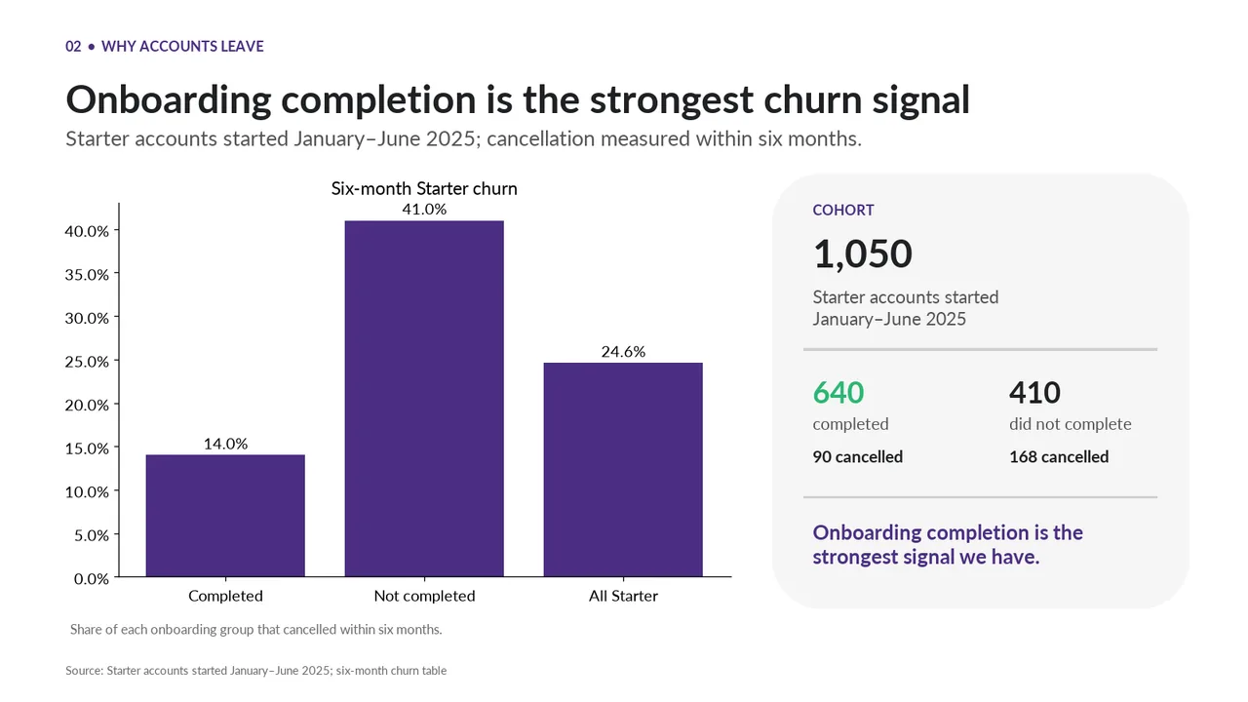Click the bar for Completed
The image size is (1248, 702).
[x=225, y=516]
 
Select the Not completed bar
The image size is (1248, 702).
[x=424, y=399]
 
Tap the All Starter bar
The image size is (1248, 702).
[x=623, y=470]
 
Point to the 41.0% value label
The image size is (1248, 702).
[x=424, y=209]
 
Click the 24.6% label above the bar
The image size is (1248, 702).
[x=623, y=352]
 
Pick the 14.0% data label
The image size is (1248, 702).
[x=225, y=444]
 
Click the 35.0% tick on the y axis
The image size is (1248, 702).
[x=87, y=274]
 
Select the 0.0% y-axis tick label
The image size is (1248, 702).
[x=91, y=579]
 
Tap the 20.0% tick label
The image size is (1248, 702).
[x=87, y=405]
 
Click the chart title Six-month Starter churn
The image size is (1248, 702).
[x=424, y=188]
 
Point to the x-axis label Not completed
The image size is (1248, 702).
[x=424, y=596]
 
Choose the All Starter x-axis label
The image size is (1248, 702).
[x=623, y=596]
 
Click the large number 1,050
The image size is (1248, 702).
[x=863, y=254]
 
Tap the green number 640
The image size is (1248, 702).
[x=838, y=392]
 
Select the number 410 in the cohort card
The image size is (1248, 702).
[x=1034, y=392]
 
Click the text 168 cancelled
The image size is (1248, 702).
[x=1059, y=457]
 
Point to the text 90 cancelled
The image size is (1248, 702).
[x=857, y=457]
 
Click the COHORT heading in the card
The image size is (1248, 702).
[x=843, y=210]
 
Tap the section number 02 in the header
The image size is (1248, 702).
[x=73, y=46]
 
